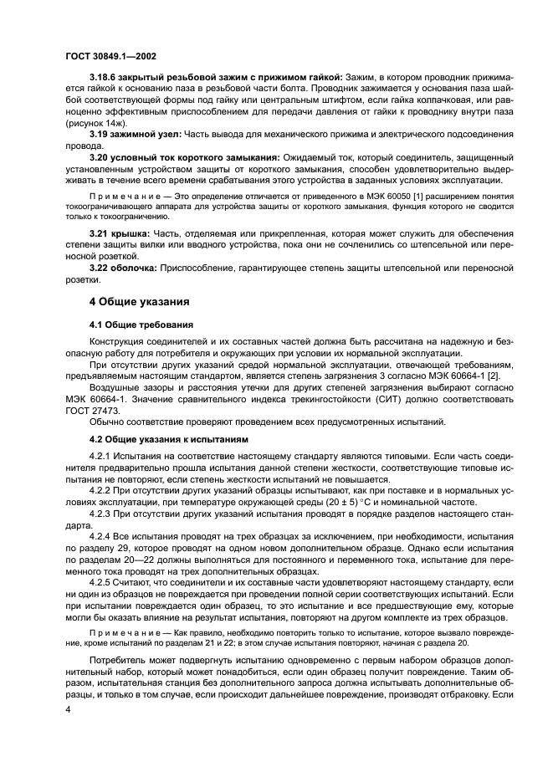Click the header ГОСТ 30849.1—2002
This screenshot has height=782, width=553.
pyautogui.click(x=110, y=55)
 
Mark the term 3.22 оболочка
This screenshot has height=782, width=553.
pyautogui.click(x=125, y=265)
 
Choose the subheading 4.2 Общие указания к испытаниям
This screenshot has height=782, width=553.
pyautogui.click(x=173, y=438)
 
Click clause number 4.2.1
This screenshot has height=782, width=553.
pyautogui.click(x=101, y=456)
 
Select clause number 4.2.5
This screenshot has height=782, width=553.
pyautogui.click(x=101, y=580)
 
